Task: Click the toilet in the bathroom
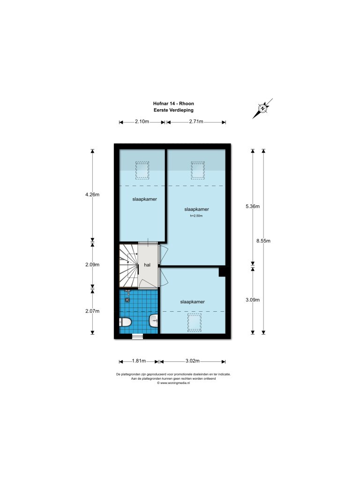click(x=125, y=322)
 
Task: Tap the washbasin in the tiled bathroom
click(x=154, y=321)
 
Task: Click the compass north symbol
click(x=262, y=108)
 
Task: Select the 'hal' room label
click(x=147, y=265)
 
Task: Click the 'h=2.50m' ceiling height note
click(x=196, y=216)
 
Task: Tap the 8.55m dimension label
click(x=263, y=241)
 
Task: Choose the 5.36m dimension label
click(x=253, y=206)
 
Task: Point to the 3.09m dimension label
click(x=253, y=300)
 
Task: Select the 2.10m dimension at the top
click(x=142, y=122)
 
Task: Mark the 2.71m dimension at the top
click(x=196, y=122)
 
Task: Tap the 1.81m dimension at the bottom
click(x=139, y=361)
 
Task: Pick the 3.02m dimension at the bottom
click(x=193, y=361)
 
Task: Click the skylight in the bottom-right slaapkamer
click(x=195, y=323)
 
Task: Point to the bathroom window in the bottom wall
click(x=138, y=336)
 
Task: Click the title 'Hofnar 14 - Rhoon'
click(x=173, y=105)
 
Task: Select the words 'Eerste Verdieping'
click(x=173, y=110)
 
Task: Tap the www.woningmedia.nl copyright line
click(x=173, y=383)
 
